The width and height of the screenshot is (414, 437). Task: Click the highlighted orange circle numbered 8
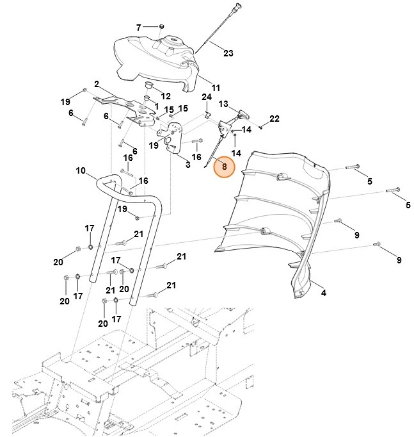[224, 167]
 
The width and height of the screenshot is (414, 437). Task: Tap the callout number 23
[228, 54]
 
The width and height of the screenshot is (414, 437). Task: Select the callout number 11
[216, 87]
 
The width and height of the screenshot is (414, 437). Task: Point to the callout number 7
[138, 28]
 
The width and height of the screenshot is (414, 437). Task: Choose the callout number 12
[166, 95]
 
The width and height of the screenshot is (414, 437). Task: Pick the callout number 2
[96, 84]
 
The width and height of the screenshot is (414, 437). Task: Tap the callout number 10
[80, 170]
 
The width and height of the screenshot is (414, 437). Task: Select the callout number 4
[323, 293]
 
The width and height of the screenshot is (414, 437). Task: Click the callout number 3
[187, 165]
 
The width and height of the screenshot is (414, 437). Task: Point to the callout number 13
[223, 104]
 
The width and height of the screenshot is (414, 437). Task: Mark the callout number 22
[275, 119]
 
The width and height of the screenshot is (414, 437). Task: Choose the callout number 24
[206, 97]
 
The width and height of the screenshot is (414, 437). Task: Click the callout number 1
[155, 104]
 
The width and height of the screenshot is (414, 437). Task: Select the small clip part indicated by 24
[208, 115]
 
